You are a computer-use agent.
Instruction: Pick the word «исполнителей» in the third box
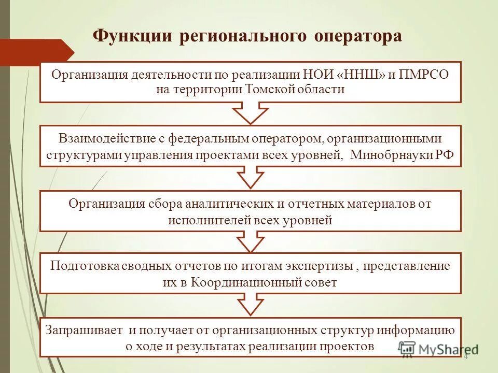(x=209, y=220)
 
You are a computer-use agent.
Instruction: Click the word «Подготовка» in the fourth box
(x=85, y=266)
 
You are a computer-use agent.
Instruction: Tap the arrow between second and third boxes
(x=251, y=178)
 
